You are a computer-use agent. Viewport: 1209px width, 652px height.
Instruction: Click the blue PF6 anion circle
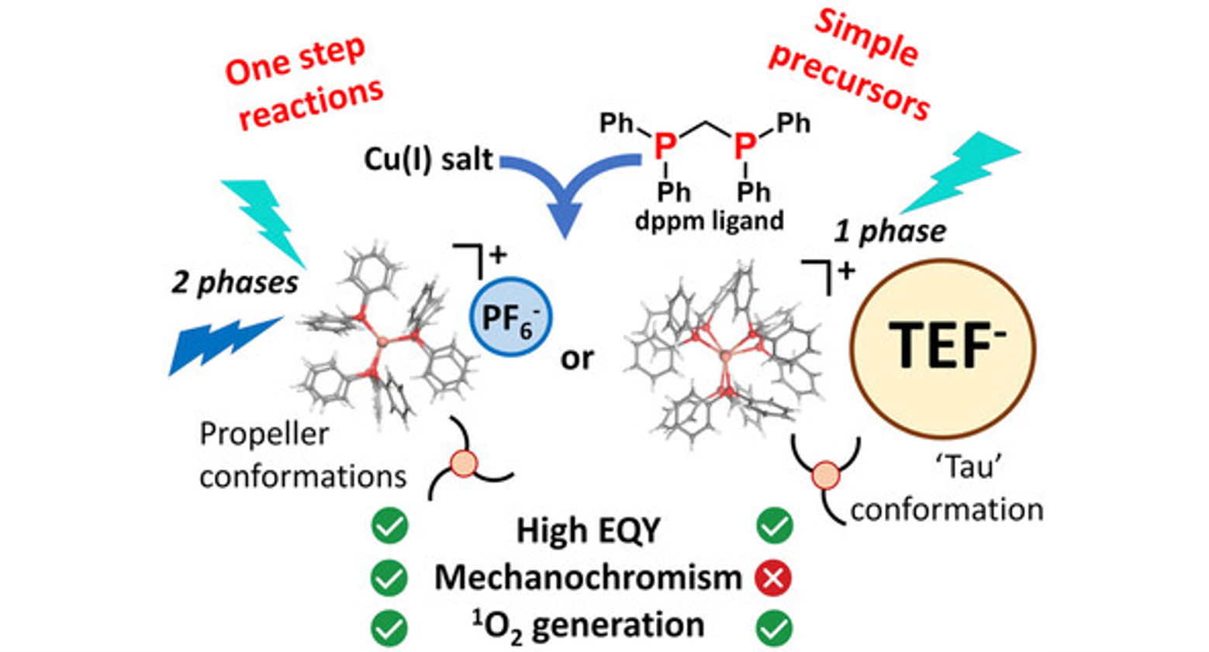[511, 317]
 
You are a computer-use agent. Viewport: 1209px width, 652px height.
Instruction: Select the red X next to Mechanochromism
[773, 578]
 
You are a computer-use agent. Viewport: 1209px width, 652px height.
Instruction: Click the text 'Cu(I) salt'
[428, 159]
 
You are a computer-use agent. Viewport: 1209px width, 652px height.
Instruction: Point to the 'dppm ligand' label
[709, 221]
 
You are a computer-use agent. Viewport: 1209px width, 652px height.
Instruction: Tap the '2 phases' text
[234, 282]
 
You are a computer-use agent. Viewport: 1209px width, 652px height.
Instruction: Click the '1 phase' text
[889, 231]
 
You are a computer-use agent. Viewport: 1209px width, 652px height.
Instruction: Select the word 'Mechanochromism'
[588, 578]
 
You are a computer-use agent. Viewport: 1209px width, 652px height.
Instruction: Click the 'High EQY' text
[588, 530]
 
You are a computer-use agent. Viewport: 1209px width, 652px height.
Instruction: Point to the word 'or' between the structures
[577, 358]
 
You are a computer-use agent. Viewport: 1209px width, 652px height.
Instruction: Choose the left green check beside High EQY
[389, 526]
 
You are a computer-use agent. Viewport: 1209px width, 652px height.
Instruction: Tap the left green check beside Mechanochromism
[389, 578]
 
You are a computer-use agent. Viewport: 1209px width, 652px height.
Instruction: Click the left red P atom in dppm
[663, 145]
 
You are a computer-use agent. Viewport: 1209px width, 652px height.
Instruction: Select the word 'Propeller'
[264, 434]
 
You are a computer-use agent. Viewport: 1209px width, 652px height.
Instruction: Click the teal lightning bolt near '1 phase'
[961, 170]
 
